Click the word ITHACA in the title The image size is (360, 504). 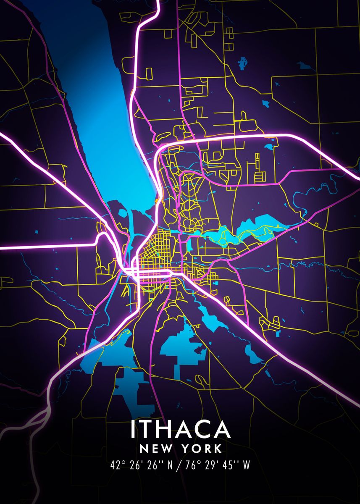coord(180,429)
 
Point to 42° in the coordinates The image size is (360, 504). coord(118,465)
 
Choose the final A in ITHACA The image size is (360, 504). coord(222,429)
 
